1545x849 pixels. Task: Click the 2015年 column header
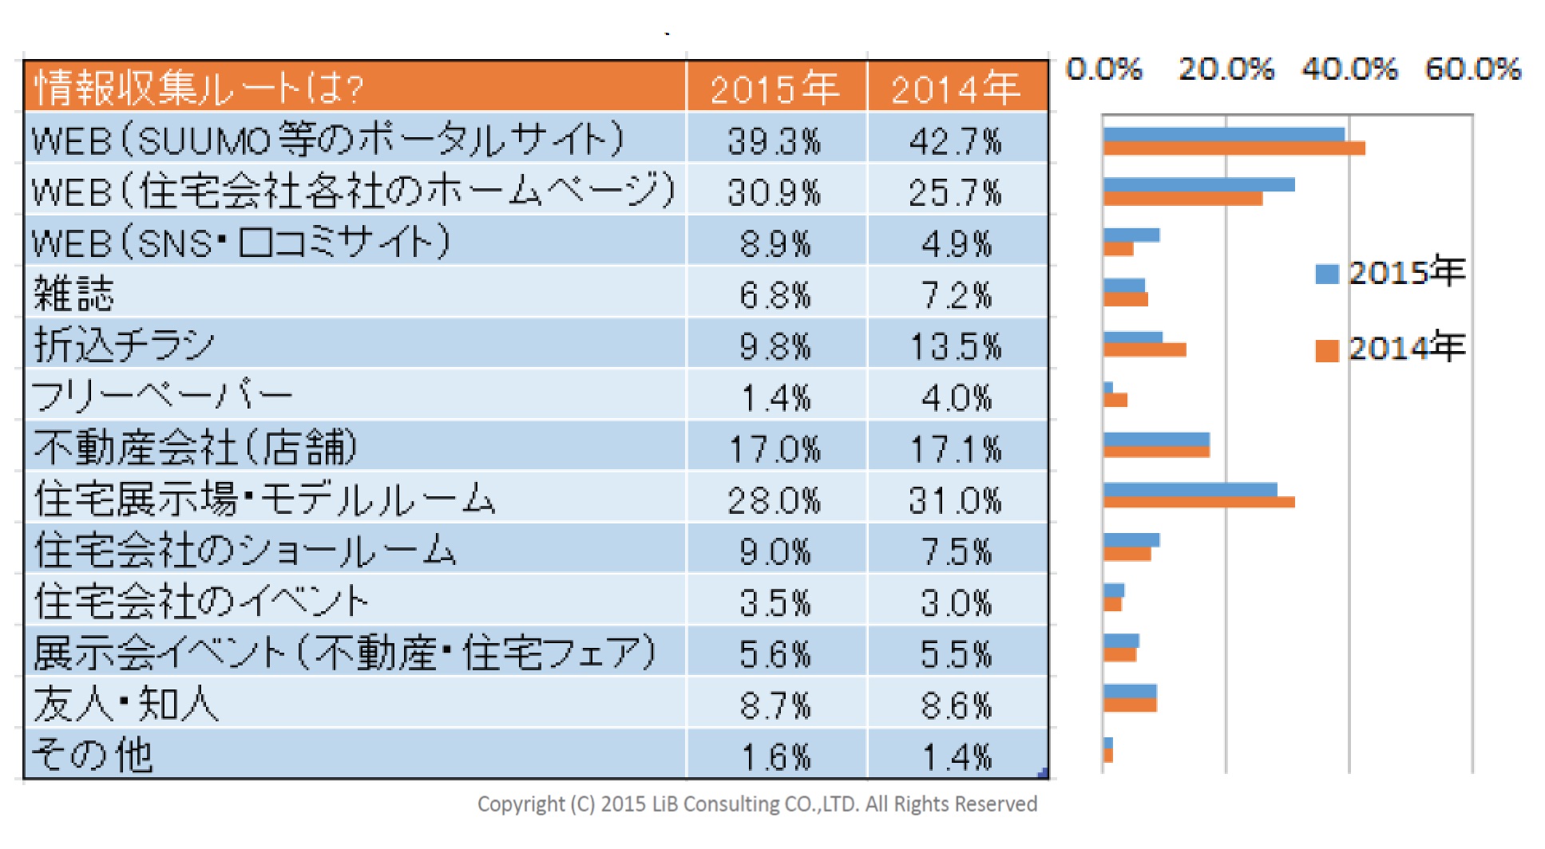pos(774,88)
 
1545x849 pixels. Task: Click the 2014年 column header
pos(956,88)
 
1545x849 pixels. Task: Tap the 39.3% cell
pos(774,141)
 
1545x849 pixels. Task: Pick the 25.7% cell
pos(956,192)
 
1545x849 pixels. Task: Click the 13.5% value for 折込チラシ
pos(956,346)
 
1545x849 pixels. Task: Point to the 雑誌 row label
pos(74,294)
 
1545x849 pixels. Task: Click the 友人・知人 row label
pos(126,705)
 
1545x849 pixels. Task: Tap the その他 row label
pos(93,755)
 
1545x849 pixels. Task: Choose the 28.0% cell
pos(774,500)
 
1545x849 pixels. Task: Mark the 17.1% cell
pos(956,448)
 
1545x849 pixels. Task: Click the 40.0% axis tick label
pos(1349,69)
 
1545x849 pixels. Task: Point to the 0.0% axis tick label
pos(1104,69)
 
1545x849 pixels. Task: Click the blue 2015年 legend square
pos(1326,274)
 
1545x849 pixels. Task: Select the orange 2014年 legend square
pos(1326,350)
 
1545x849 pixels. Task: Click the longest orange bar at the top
pos(1234,148)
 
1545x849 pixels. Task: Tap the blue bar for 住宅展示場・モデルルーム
pos(1190,489)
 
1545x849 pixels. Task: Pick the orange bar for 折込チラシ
pos(1144,349)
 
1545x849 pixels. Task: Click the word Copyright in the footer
pos(521,804)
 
